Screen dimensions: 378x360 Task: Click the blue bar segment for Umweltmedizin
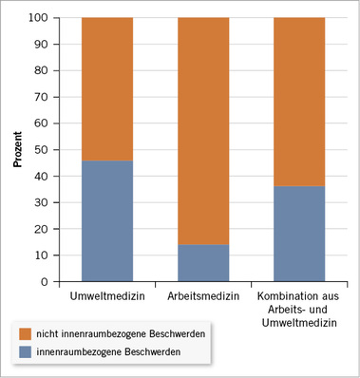click(106, 221)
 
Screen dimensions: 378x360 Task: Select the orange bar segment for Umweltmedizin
click(106, 89)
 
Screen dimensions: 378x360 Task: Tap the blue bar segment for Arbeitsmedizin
click(203, 263)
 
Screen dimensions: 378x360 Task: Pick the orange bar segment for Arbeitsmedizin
click(203, 131)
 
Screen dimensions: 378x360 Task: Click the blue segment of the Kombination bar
click(299, 234)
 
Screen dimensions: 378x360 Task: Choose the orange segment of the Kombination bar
click(299, 102)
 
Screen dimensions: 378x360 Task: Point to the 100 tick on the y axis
click(39, 18)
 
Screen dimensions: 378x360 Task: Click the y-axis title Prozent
click(18, 148)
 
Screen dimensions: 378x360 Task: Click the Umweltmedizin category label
click(106, 298)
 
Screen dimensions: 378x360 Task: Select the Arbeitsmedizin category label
click(203, 298)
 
